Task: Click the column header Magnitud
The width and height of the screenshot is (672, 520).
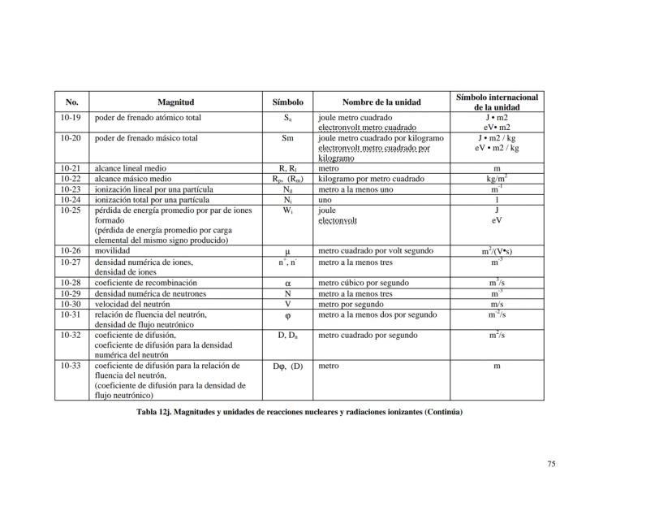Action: [175, 102]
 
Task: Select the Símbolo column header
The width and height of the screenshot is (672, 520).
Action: [287, 102]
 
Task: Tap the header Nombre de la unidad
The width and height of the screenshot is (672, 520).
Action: [381, 102]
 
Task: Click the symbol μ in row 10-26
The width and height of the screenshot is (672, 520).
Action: [287, 252]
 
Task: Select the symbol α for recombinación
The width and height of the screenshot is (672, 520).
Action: [287, 284]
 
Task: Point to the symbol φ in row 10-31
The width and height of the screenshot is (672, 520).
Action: [287, 315]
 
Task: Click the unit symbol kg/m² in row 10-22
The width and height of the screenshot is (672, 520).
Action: [497, 178]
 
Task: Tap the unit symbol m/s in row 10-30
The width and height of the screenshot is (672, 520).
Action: [497, 304]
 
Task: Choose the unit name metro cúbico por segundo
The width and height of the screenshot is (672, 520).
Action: [363, 283]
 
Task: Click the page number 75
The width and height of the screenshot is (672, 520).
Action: [551, 464]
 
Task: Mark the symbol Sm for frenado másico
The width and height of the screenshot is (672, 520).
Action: [287, 138]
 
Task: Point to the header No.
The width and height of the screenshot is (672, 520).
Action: [71, 102]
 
